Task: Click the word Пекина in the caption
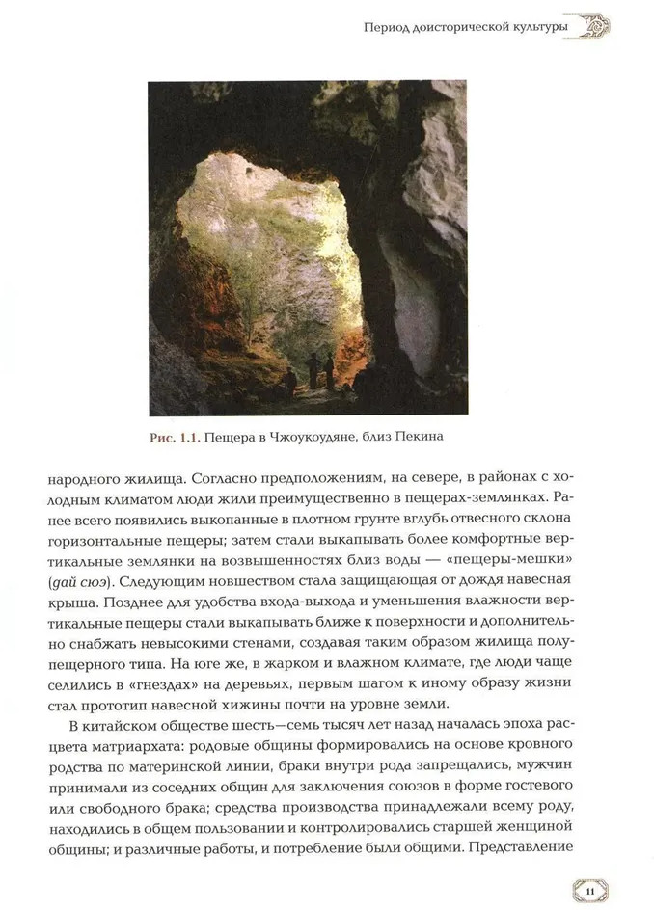point(427,439)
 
